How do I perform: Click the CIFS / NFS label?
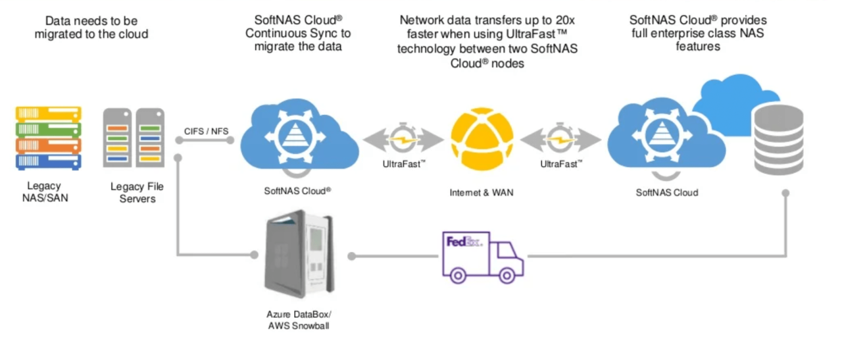[x=207, y=131]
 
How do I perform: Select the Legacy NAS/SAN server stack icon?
[x=47, y=138]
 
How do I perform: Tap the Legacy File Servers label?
[x=137, y=192]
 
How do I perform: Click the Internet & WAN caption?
[x=481, y=193]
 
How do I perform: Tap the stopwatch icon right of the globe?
[x=560, y=138]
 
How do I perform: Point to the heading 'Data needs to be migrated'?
[x=92, y=27]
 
